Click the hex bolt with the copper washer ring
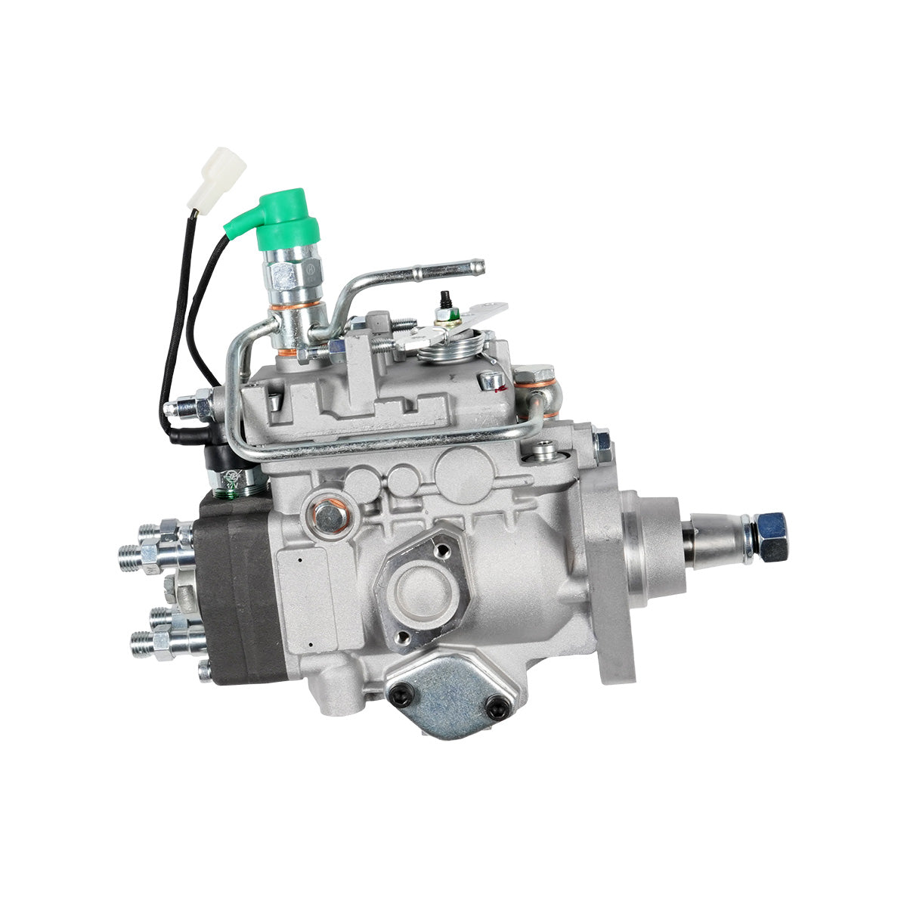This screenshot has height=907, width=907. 329,517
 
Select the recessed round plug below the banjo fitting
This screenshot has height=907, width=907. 543,453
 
